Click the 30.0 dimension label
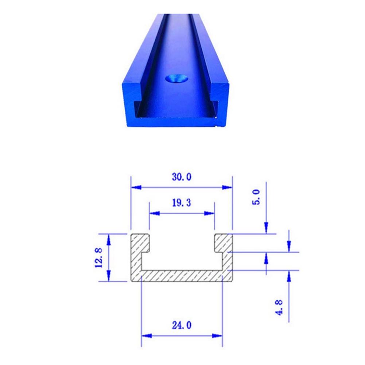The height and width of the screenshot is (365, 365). click(x=182, y=177)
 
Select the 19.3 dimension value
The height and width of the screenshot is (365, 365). click(x=182, y=203)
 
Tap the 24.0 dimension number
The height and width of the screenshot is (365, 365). click(x=182, y=325)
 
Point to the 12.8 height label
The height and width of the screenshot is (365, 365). click(x=99, y=258)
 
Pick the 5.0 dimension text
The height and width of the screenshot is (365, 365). click(x=256, y=197)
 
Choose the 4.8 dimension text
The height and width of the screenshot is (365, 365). click(x=279, y=307)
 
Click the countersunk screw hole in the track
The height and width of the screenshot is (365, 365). click(x=177, y=79)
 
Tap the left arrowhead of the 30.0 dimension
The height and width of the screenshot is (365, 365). click(x=136, y=187)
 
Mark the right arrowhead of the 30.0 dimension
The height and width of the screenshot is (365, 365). click(x=227, y=187)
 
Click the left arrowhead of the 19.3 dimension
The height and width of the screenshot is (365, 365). click(x=154, y=213)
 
